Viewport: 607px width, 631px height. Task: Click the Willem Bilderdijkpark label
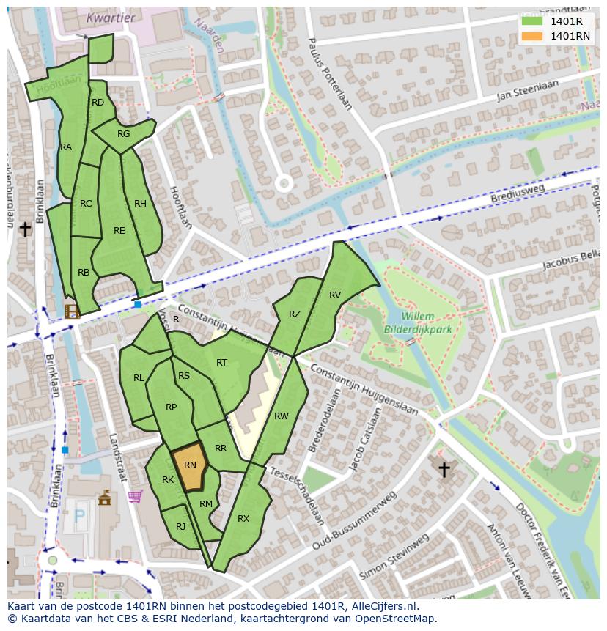coord(419,323)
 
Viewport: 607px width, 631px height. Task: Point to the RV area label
coord(335,295)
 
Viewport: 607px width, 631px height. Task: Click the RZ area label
coord(294,314)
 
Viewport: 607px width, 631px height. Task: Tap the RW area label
coord(281,416)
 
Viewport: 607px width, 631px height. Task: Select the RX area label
coord(243,519)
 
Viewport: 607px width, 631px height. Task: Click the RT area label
coord(221,363)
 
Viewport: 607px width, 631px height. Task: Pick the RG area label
coord(123,134)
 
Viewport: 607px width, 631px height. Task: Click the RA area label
coord(66,147)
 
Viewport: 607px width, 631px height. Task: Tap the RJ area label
coord(180,526)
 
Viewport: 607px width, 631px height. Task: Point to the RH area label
coord(140,204)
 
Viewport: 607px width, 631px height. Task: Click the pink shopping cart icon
coord(134,496)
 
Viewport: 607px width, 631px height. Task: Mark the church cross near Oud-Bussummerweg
coord(444,469)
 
